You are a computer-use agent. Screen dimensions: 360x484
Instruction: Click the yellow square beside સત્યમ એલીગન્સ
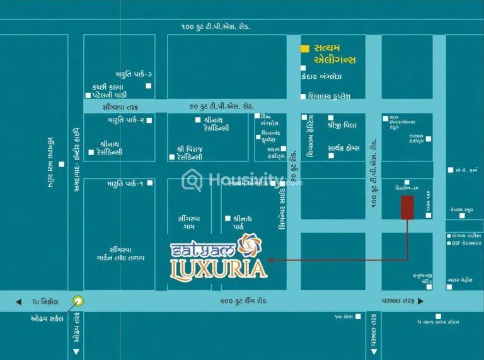305,49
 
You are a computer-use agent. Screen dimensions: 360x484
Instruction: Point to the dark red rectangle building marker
407,207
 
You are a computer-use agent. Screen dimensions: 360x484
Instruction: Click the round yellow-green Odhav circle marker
78,301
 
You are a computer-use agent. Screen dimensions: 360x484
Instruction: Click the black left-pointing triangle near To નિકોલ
19,301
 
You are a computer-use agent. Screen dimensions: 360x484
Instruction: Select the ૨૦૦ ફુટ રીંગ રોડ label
243,301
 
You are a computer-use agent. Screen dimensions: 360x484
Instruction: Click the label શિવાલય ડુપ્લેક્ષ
329,96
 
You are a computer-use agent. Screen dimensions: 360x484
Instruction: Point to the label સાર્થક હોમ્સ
343,148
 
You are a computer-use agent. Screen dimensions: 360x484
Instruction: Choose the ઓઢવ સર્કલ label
47,318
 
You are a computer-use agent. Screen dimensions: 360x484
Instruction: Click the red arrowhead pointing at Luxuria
271,260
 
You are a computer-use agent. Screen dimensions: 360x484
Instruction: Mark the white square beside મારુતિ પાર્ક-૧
149,183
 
